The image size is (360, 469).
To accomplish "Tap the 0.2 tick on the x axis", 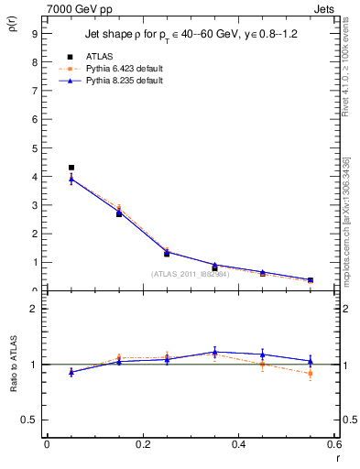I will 142,444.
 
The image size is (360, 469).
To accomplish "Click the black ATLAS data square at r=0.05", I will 71,168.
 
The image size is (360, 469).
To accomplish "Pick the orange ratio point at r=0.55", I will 311,374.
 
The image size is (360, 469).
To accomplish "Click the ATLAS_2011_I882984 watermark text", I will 190,274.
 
